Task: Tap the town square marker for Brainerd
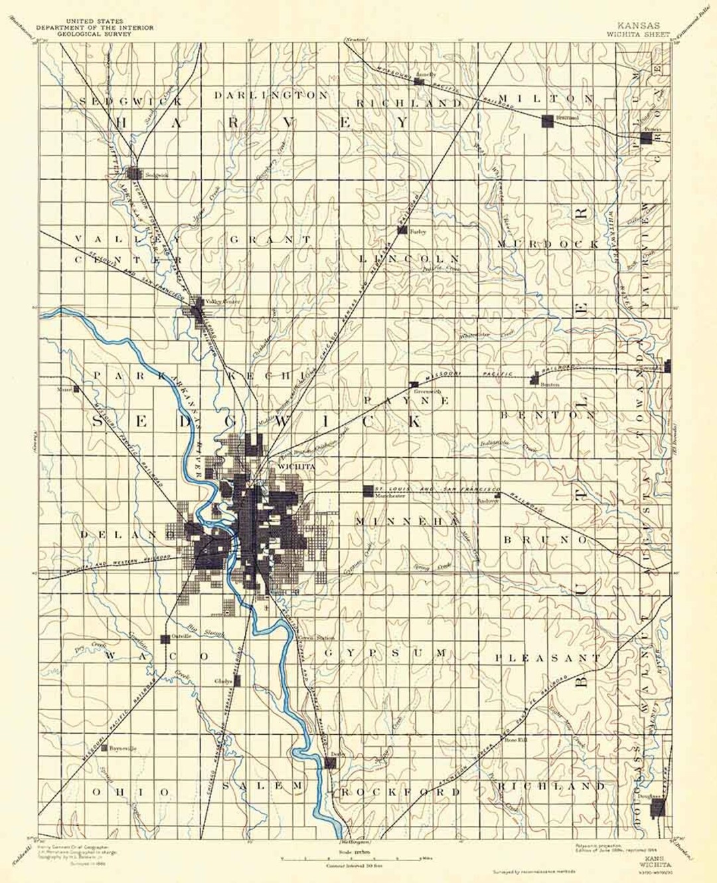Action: tap(547, 120)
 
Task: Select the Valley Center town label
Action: tap(222, 302)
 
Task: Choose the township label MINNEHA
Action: tap(406, 522)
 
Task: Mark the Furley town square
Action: tap(402, 230)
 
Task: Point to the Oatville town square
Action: tap(165, 639)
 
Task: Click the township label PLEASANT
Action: tap(548, 658)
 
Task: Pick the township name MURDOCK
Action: tap(548, 244)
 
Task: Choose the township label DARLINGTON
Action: tap(271, 96)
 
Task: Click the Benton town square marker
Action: tap(534, 379)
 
